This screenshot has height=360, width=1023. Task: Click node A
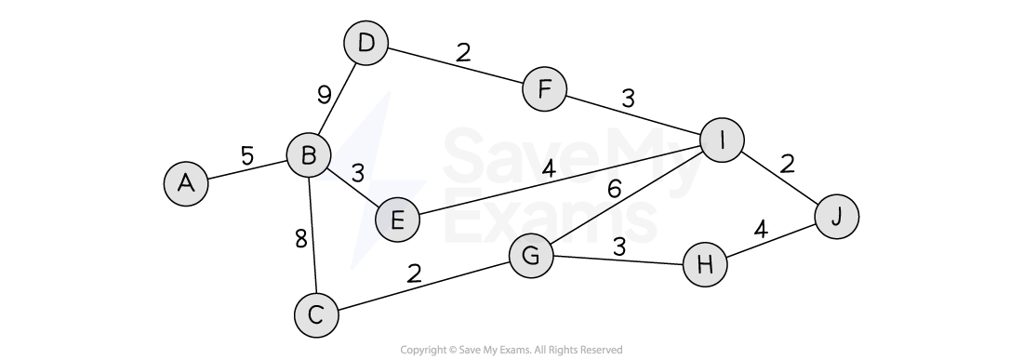tap(186, 183)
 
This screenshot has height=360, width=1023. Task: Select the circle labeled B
tap(309, 155)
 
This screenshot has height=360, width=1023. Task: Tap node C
tap(316, 315)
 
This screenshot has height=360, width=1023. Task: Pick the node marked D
tap(366, 44)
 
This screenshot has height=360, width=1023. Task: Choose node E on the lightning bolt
tap(397, 221)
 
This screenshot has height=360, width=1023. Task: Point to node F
tap(545, 90)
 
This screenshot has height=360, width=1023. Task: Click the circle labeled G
tap(532, 256)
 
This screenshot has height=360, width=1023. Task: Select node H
tap(705, 265)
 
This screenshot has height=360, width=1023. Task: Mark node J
tap(837, 217)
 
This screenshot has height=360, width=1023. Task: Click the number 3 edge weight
tap(357, 172)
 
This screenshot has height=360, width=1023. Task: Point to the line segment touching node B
tap(333, 172)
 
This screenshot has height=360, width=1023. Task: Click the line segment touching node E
tap(371, 200)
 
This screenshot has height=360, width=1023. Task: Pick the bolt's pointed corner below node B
tap(316, 179)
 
